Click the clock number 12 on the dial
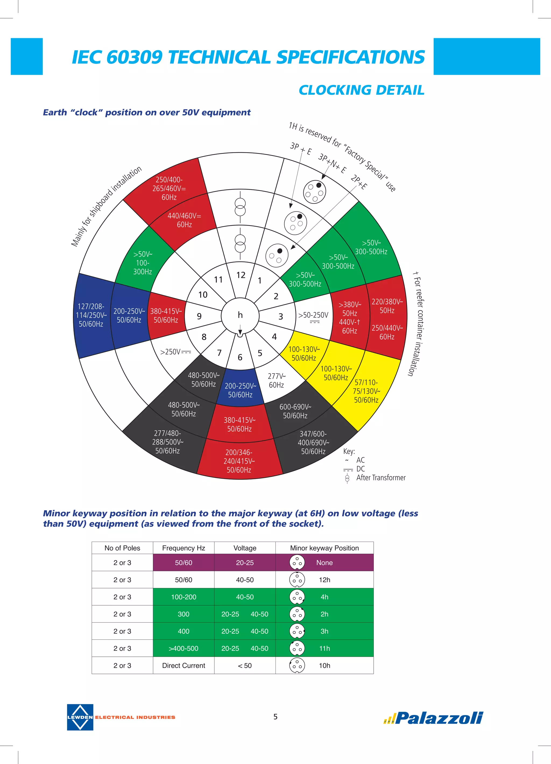click(x=241, y=275)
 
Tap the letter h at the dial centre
click(x=240, y=315)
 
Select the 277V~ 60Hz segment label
click(x=276, y=380)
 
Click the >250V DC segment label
click(x=175, y=352)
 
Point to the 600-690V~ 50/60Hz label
click(x=295, y=411)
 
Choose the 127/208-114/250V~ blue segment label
click(x=91, y=315)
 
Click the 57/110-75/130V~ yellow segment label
click(x=366, y=391)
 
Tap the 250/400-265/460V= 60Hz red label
click(x=169, y=188)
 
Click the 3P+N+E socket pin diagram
click(x=314, y=192)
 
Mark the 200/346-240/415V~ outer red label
click(x=239, y=461)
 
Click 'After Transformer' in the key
click(x=381, y=477)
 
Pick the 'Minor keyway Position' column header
click(x=324, y=548)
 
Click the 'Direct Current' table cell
click(x=183, y=666)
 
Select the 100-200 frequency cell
click(x=183, y=597)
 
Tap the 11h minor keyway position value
click(x=324, y=648)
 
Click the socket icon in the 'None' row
click(x=297, y=562)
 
